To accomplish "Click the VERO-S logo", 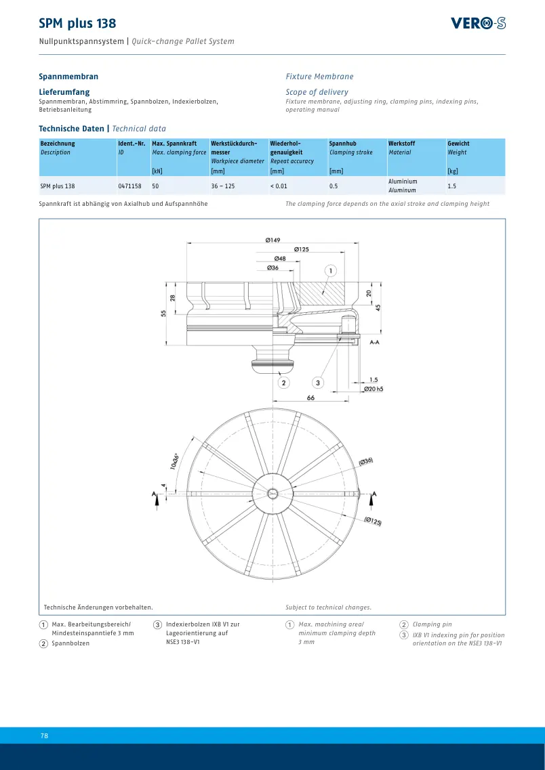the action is click(478, 23).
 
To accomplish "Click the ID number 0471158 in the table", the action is click(129, 186).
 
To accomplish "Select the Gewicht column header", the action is click(458, 144).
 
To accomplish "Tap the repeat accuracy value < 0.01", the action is click(279, 186).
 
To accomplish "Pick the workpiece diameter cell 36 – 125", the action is click(224, 186).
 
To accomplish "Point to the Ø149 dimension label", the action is click(272, 240).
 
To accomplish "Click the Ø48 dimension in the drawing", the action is click(280, 258).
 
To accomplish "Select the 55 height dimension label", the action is click(163, 313).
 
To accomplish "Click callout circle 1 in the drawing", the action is click(331, 271).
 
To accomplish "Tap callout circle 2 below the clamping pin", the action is click(283, 382).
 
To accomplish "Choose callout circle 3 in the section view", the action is click(318, 382).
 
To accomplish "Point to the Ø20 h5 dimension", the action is click(374, 389).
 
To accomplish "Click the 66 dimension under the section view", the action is click(310, 398).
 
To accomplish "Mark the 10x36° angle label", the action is click(174, 461).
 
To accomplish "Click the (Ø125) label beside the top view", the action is click(373, 521).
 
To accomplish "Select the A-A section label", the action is click(374, 342).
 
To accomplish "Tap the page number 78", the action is click(44, 735).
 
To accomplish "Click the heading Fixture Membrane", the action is click(319, 77).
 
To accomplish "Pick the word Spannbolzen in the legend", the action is click(70, 643).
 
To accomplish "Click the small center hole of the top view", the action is click(272, 494).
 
